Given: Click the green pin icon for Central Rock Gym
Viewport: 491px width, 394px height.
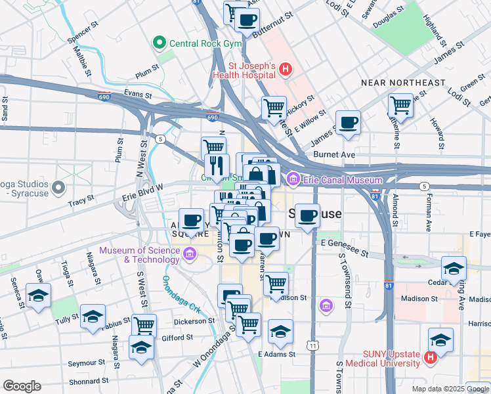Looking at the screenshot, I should [x=158, y=44].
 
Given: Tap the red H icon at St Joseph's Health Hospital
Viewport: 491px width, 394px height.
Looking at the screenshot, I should [x=286, y=69].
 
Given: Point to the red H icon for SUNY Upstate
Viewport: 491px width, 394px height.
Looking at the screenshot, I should [x=430, y=359].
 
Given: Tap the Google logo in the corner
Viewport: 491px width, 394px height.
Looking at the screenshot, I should [x=22, y=385].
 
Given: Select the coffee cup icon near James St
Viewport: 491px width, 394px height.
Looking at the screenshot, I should [x=348, y=121].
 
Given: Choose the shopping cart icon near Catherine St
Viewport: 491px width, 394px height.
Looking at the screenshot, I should [x=400, y=105].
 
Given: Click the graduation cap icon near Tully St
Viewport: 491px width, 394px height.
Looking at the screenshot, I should [x=93, y=316].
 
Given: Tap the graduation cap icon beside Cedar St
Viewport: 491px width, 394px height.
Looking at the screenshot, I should [x=454, y=268].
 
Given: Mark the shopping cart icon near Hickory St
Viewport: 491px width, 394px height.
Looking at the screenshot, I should [x=274, y=107].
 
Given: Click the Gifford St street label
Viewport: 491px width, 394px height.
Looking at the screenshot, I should [x=177, y=338].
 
